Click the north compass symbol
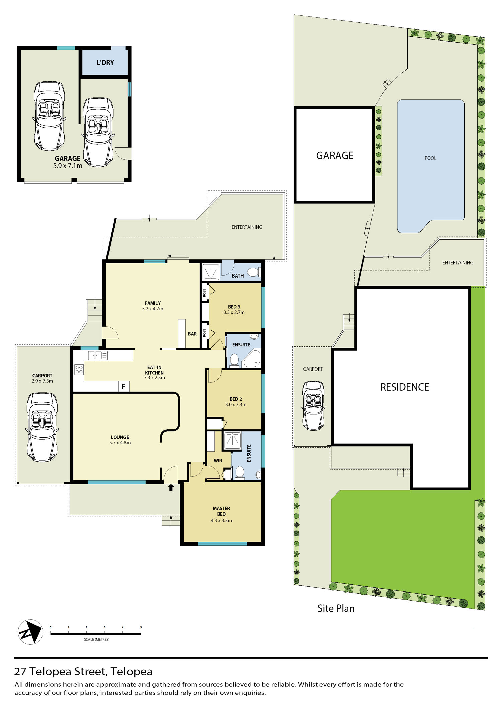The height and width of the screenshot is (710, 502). tap(30, 632)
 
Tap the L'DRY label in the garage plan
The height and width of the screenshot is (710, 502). tap(105, 63)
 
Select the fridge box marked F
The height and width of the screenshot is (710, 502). tap(124, 387)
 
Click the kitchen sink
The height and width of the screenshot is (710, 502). tap(98, 355)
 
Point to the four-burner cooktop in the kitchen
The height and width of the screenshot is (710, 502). tap(79, 370)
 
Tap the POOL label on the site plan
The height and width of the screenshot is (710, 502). tap(430, 158)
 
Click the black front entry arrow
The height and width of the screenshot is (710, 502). tap(171, 487)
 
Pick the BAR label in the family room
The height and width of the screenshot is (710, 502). tap(192, 334)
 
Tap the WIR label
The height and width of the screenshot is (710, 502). tap(218, 461)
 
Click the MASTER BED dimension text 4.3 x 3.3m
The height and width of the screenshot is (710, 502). tap(221, 520)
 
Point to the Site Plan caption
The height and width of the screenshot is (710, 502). tap(336, 608)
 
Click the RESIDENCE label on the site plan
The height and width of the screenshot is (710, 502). tap(405, 387)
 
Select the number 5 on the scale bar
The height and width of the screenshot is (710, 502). tap(141, 627)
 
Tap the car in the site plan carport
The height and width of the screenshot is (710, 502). tap(313, 406)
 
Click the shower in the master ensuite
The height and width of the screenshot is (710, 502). tap(233, 440)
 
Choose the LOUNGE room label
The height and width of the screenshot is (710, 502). tap(120, 437)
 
